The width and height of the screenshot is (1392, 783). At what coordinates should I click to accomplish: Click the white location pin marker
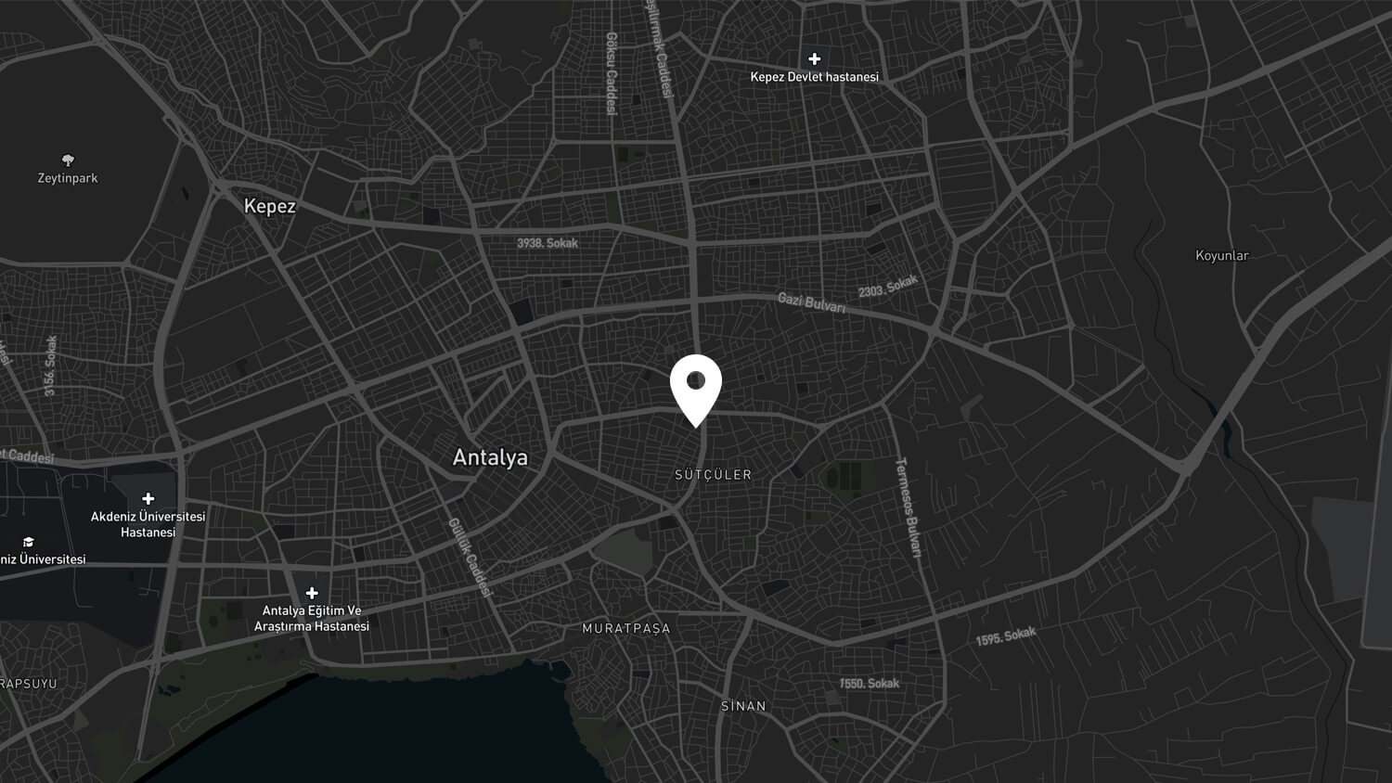coord(696,387)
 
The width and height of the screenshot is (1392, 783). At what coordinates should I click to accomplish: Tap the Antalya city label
coord(490,457)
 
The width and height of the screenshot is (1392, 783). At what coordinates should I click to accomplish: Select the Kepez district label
coord(269,206)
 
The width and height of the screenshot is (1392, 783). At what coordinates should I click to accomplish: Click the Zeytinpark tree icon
coord(68,160)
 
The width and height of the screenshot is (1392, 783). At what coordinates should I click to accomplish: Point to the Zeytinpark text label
coord(68,178)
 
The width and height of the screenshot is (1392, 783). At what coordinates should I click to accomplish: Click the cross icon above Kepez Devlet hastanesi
coord(814,58)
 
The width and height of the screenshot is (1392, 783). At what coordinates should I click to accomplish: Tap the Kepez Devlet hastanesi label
coord(814,77)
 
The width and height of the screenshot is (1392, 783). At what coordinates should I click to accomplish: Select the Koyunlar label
coord(1221,255)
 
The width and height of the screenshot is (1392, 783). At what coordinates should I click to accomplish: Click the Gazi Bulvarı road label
coord(811,302)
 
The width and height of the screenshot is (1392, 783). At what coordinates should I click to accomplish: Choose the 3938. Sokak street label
coord(548,243)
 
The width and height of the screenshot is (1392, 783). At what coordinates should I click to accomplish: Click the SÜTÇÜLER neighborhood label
coord(713,475)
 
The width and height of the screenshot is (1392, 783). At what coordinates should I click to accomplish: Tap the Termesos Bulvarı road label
coord(908,507)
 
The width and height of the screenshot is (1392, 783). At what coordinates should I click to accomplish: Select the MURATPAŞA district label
coord(625,628)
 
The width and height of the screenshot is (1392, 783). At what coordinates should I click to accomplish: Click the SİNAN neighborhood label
coord(743,706)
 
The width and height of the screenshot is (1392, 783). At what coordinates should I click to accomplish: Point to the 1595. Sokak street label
coord(1006,636)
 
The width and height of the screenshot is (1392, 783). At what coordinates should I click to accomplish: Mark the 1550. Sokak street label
coord(870,684)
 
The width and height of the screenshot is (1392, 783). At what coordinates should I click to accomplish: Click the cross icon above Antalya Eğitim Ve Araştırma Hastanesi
coord(312,593)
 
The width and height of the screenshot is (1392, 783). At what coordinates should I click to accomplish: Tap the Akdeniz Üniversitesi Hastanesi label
coord(148,524)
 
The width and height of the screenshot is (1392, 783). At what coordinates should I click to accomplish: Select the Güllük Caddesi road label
coord(470,557)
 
